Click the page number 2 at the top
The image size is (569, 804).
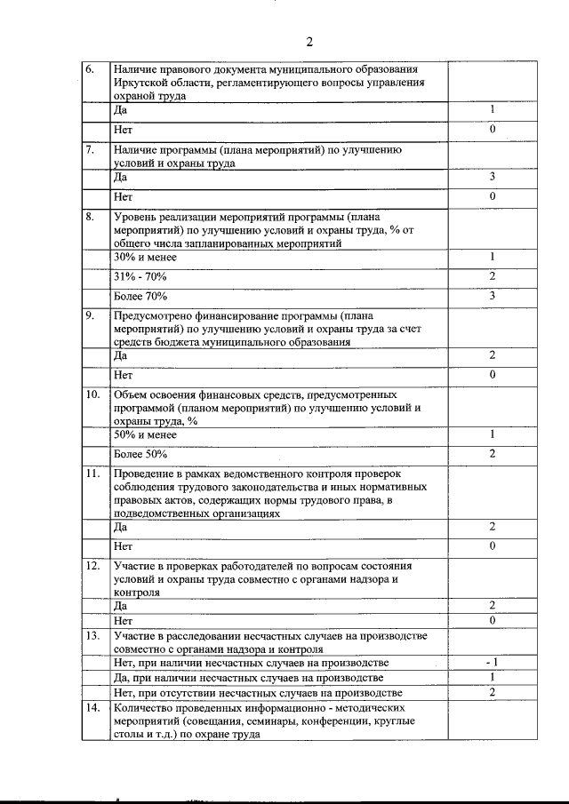click(309, 42)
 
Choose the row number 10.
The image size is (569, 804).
click(92, 394)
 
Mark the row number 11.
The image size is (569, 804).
click(92, 474)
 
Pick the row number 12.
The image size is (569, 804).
click(92, 565)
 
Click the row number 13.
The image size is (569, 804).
click(92, 635)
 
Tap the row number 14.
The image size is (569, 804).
click(92, 708)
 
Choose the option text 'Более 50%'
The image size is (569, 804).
click(141, 454)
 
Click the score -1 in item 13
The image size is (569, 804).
click(491, 663)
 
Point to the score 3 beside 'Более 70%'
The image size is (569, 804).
click(492, 295)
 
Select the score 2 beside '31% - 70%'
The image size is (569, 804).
click(492, 275)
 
